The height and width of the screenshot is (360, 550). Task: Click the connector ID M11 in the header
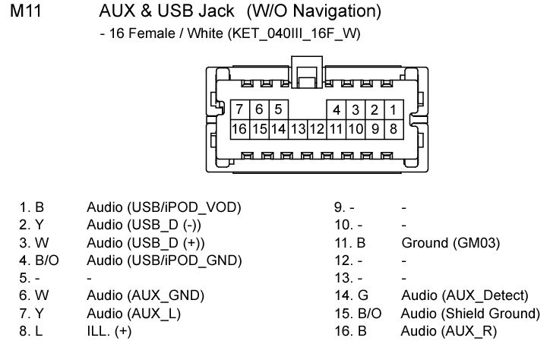click(26, 11)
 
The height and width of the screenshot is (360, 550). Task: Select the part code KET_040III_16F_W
click(294, 33)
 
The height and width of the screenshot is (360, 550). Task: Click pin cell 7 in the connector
click(240, 109)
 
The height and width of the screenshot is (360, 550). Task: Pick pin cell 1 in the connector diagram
click(394, 109)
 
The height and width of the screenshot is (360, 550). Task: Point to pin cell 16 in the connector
click(240, 129)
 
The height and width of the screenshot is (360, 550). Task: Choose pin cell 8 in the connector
click(394, 129)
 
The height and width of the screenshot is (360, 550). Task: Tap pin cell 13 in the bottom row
click(298, 129)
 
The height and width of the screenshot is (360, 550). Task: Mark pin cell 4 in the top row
click(337, 109)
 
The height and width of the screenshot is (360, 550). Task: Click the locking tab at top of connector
click(307, 71)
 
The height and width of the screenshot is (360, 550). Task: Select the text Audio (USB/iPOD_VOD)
click(164, 207)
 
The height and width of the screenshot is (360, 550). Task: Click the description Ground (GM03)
click(450, 243)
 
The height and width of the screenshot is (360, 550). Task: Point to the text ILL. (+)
click(109, 331)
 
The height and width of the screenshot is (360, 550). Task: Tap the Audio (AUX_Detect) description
click(465, 295)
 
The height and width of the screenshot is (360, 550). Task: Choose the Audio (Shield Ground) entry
click(470, 314)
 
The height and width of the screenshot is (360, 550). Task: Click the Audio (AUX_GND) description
click(146, 295)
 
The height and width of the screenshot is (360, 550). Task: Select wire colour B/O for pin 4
click(46, 261)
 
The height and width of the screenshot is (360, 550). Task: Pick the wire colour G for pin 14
click(363, 295)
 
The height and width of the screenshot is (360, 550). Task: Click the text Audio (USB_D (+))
click(146, 243)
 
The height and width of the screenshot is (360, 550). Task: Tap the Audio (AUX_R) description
click(449, 331)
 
